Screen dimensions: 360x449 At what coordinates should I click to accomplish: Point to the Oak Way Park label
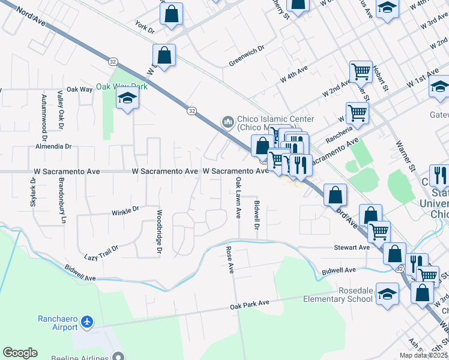tap(122, 86)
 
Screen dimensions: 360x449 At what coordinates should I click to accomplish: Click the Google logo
tap(20, 353)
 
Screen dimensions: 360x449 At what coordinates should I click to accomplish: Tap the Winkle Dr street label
tap(125, 211)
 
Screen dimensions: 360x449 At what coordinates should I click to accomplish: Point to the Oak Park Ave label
tap(250, 305)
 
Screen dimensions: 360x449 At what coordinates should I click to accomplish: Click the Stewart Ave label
tap(352, 247)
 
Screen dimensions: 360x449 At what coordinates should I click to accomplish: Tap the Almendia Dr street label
tap(53, 146)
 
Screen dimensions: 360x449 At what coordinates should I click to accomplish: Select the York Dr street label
tap(145, 27)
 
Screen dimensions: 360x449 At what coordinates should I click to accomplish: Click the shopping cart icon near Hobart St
tap(361, 71)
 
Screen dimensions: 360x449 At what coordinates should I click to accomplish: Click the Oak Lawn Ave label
tap(238, 197)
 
